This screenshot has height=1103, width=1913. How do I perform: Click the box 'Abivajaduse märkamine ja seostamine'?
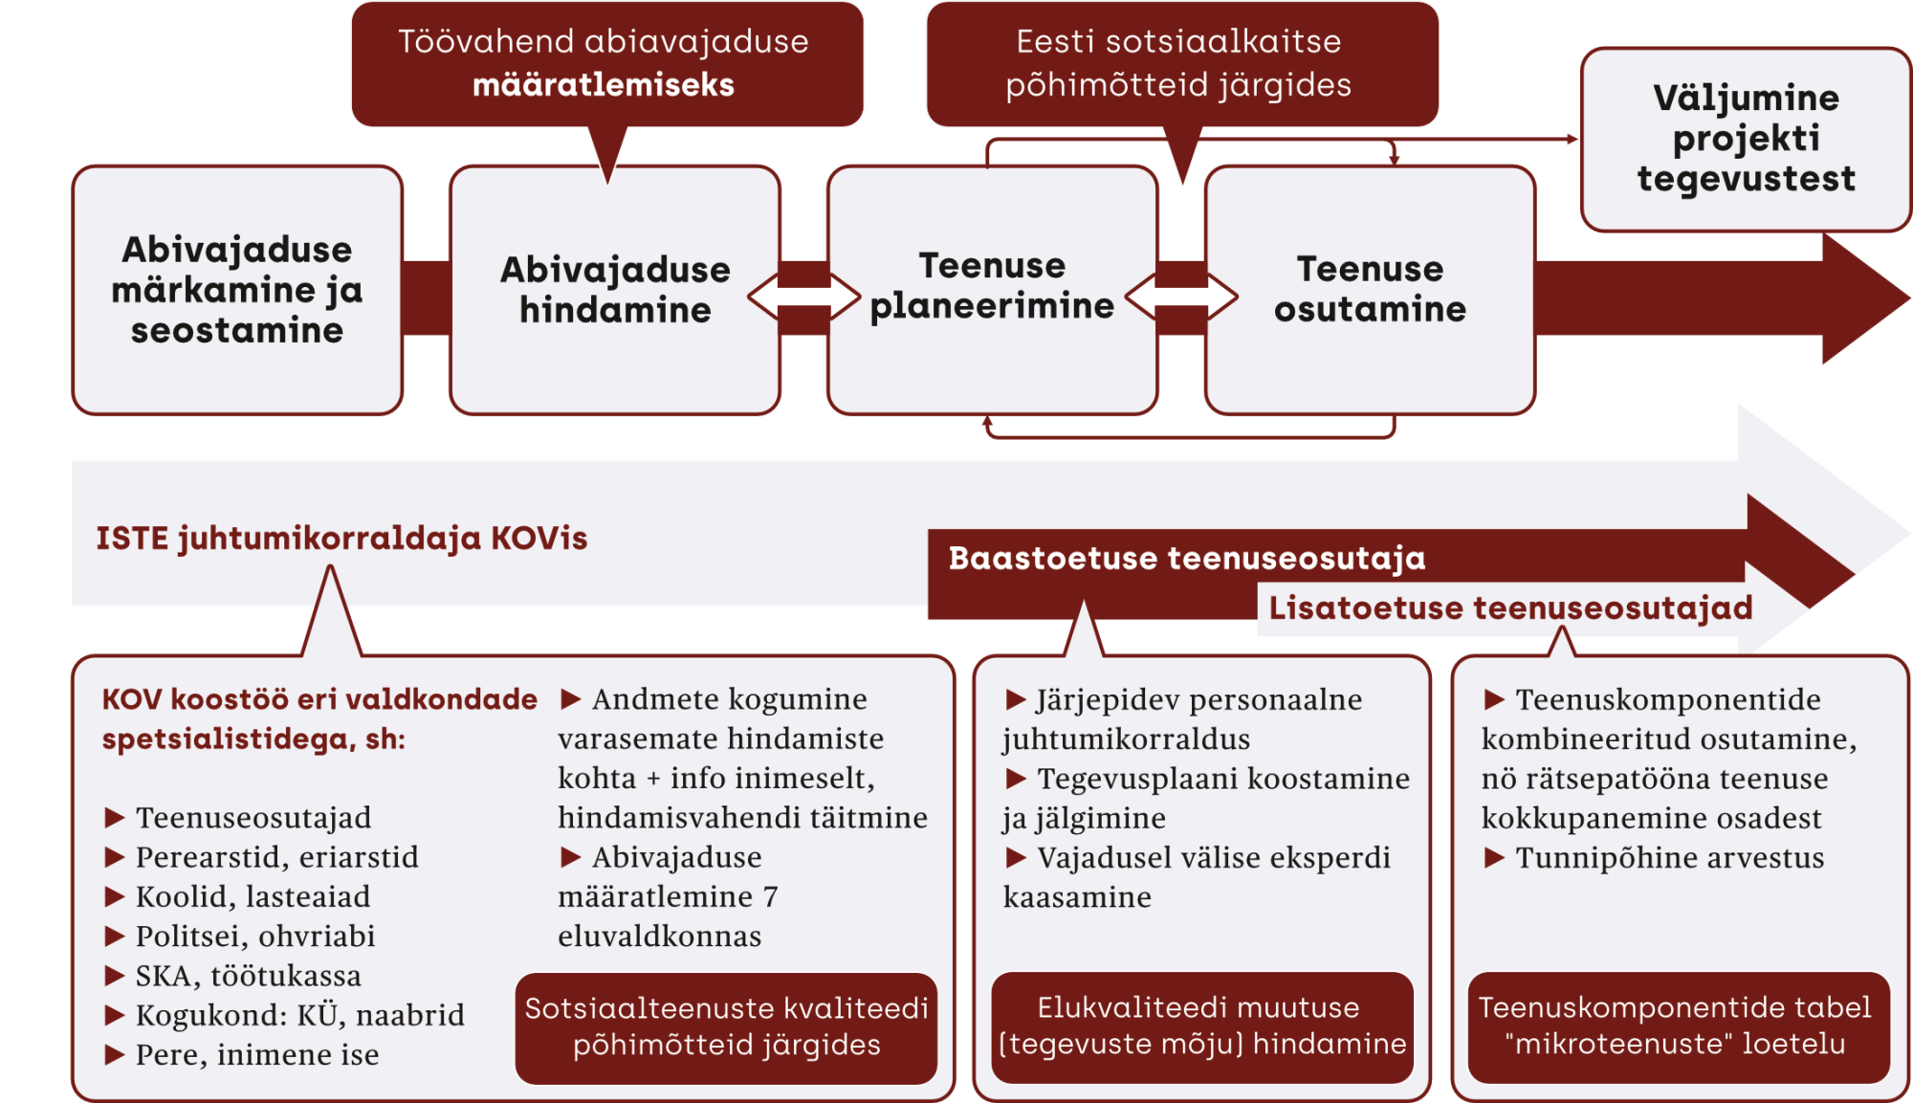pyautogui.click(x=237, y=290)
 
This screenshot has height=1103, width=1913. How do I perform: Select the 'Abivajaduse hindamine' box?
pyautogui.click(x=615, y=290)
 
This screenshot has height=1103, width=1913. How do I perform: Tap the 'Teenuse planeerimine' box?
pyautogui.click(x=992, y=286)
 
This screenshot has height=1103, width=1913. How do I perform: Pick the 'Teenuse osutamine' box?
pyautogui.click(x=1370, y=289)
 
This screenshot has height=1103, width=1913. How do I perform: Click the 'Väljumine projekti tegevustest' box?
pyautogui.click(x=1746, y=139)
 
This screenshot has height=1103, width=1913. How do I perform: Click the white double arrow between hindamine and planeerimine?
pyautogui.click(x=804, y=297)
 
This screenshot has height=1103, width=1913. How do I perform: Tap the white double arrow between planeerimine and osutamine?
pyautogui.click(x=1182, y=297)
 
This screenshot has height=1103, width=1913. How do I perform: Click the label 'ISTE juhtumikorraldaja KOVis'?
pyautogui.click(x=341, y=539)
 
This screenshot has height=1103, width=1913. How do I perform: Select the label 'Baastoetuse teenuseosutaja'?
pyautogui.click(x=1186, y=559)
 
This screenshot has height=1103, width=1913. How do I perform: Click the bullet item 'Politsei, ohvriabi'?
pyautogui.click(x=254, y=937)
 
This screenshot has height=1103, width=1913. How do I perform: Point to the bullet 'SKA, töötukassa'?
pyautogui.click(x=248, y=976)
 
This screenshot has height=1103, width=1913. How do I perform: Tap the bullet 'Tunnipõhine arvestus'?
pyautogui.click(x=1669, y=858)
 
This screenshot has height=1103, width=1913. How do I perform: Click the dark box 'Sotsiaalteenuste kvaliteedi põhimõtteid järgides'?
pyautogui.click(x=726, y=1026)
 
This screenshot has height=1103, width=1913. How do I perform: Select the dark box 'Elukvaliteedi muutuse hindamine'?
pyautogui.click(x=1201, y=1026)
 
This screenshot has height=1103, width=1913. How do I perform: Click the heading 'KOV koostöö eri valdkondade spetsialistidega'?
pyautogui.click(x=319, y=718)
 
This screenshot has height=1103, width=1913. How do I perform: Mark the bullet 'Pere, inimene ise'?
pyautogui.click(x=256, y=1055)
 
